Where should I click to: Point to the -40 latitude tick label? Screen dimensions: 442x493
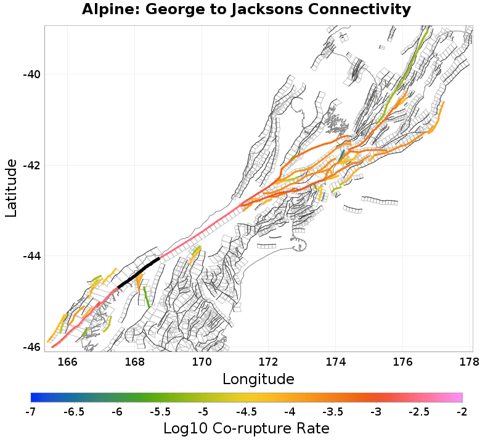pos(31,74)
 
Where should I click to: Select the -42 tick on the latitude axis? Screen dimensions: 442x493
pos(31,166)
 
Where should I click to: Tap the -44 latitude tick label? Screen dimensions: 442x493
pos(31,256)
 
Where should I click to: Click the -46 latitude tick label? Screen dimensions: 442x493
pos(31,347)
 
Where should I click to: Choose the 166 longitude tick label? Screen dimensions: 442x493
pos(67,361)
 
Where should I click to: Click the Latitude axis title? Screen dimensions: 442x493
pos(11,188)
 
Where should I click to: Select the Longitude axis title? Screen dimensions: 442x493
pos(258,378)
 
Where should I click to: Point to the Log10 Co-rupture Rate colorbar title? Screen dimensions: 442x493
pos(246,428)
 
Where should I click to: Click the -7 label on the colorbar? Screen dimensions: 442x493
pos(31,411)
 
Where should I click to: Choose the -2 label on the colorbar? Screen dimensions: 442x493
pos(462,411)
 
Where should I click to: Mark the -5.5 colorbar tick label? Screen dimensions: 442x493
pos(160,411)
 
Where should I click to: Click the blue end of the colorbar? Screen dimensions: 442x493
pos(34,398)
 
